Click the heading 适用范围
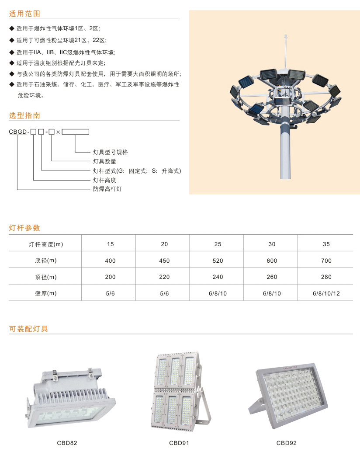click(x=24, y=14)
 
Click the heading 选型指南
click(x=24, y=115)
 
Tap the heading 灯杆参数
click(x=24, y=228)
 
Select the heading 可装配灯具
click(x=28, y=329)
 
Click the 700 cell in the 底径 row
click(x=326, y=261)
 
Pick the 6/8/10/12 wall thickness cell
click(x=326, y=293)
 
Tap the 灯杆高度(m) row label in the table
click(x=46, y=244)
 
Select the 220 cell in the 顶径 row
click(x=164, y=277)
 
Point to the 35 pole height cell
click(x=326, y=244)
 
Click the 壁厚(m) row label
click(x=46, y=293)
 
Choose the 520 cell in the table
click(x=218, y=261)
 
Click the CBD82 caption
click(x=67, y=443)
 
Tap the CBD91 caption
click(x=179, y=443)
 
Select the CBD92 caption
click(x=286, y=443)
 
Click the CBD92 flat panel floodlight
click(x=288, y=395)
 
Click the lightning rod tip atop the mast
click(x=286, y=35)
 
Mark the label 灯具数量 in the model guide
click(x=104, y=161)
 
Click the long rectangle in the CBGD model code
click(x=76, y=132)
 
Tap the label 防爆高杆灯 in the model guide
click(x=107, y=189)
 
